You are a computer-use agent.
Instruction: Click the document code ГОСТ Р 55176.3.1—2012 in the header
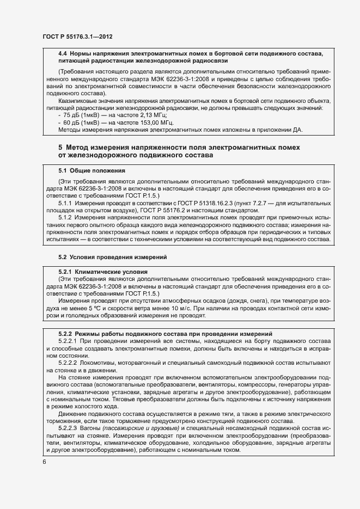tap(77, 38)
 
